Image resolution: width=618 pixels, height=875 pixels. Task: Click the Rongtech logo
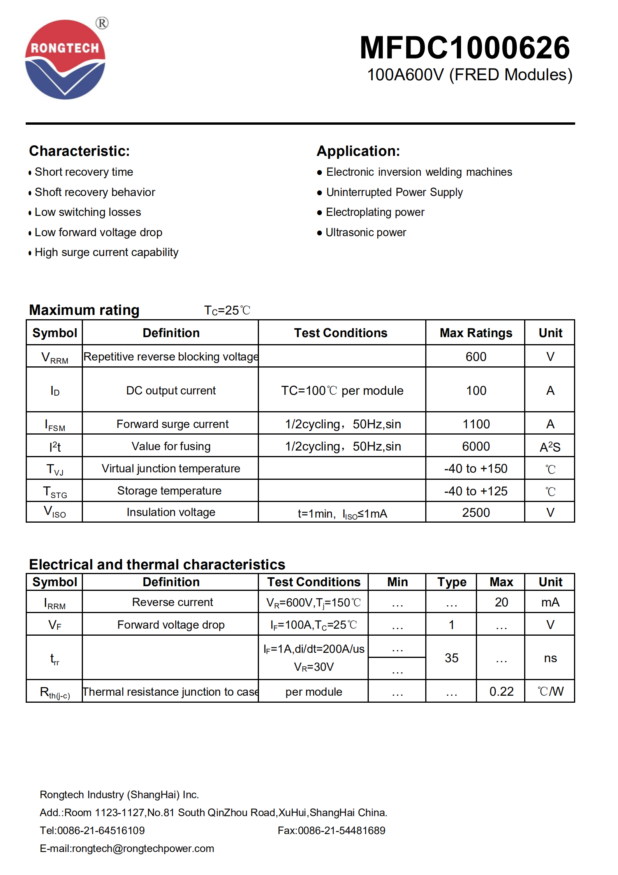pyautogui.click(x=65, y=59)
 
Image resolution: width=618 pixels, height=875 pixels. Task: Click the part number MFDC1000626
pyautogui.click(x=465, y=48)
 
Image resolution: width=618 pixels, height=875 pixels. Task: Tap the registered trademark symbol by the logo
pyautogui.click(x=102, y=23)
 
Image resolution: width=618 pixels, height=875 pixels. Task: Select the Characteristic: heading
pyautogui.click(x=79, y=151)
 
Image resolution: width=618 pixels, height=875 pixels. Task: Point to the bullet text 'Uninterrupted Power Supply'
pyautogui.click(x=394, y=192)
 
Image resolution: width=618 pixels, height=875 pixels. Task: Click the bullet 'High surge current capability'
pyautogui.click(x=106, y=252)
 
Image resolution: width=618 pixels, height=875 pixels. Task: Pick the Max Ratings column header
pyautogui.click(x=475, y=333)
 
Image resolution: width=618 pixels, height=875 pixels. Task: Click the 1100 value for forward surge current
pyautogui.click(x=476, y=424)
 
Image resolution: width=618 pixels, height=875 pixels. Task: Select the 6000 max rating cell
pyautogui.click(x=476, y=446)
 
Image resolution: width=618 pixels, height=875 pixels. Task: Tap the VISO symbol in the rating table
pyautogui.click(x=55, y=512)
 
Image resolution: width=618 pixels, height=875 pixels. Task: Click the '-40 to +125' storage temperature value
pyautogui.click(x=475, y=491)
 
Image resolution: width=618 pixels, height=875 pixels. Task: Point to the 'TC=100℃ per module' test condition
pyautogui.click(x=342, y=391)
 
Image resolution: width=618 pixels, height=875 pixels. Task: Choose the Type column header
pyautogui.click(x=452, y=582)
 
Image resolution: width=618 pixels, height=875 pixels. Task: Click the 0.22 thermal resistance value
pyautogui.click(x=501, y=691)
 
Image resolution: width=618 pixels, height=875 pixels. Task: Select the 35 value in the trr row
pyautogui.click(x=452, y=658)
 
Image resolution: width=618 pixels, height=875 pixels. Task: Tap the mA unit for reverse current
pyautogui.click(x=550, y=602)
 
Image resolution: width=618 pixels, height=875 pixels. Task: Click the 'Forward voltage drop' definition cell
pyautogui.click(x=171, y=625)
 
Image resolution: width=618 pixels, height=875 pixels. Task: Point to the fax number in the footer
pyautogui.click(x=331, y=831)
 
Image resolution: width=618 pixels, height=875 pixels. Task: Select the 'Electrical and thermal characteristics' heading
pyautogui.click(x=157, y=564)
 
